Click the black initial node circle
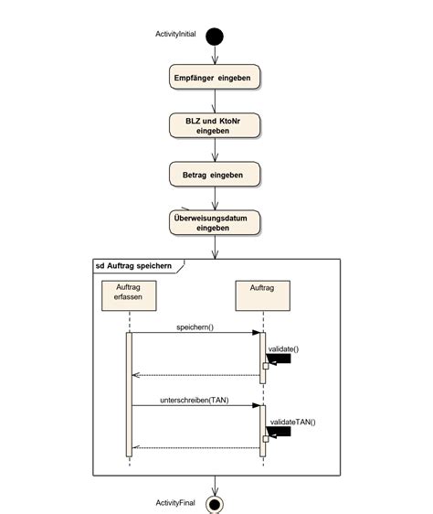click(x=215, y=37)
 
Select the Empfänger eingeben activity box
click(x=215, y=78)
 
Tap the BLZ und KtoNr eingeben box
click(x=215, y=125)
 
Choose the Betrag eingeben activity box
click(x=215, y=173)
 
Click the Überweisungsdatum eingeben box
click(x=215, y=222)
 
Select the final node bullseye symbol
click(x=215, y=503)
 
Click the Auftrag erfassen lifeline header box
click(x=129, y=295)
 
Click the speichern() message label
click(x=195, y=327)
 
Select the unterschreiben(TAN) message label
click(x=195, y=400)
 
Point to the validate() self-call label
click(x=284, y=348)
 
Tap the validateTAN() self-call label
click(x=291, y=422)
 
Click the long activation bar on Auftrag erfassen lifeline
click(x=129, y=393)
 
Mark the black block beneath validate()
click(x=280, y=359)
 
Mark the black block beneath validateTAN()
click(x=280, y=432)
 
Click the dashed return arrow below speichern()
click(x=196, y=375)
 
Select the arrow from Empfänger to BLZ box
click(x=215, y=102)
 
